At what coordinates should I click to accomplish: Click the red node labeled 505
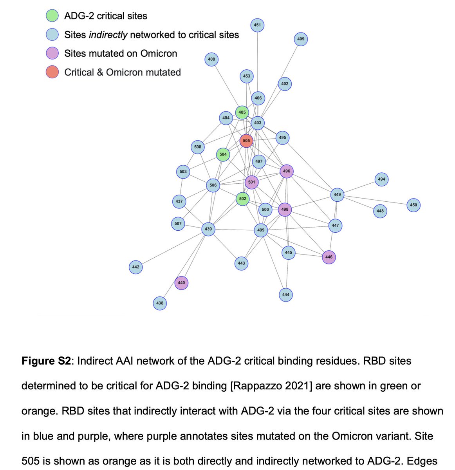(246, 141)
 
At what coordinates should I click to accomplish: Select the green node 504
(223, 154)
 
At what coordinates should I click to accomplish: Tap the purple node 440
(181, 283)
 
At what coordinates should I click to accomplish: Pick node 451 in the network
(257, 25)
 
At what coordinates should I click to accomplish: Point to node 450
(413, 205)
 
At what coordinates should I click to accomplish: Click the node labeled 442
(135, 267)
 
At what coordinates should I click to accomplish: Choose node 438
(160, 303)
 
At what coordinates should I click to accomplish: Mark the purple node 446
(329, 257)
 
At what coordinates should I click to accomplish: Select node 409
(301, 39)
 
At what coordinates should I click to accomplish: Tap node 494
(381, 179)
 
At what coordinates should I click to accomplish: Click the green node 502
(243, 199)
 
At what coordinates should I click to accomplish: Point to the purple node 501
(251, 182)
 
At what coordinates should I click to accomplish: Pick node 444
(286, 295)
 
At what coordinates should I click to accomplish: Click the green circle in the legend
(52, 16)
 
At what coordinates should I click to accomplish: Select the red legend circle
(52, 72)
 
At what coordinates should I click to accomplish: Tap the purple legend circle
(52, 54)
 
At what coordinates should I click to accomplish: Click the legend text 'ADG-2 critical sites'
(106, 16)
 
